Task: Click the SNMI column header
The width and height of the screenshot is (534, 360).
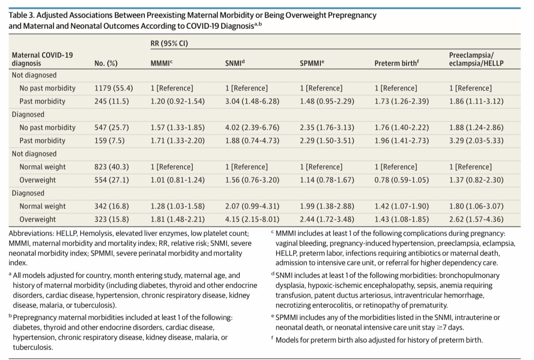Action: coord(235,63)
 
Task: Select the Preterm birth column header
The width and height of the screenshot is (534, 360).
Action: coord(396,63)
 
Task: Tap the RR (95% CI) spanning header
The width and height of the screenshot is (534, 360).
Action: coord(169,43)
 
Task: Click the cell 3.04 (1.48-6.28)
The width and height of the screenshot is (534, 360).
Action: coord(252,101)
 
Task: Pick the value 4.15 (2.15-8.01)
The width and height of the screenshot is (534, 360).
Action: coord(252,219)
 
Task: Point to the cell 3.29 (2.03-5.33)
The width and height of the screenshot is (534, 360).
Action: coord(476,141)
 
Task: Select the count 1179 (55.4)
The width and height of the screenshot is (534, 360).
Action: coord(114,88)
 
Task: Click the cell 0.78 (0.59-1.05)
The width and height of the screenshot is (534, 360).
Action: coord(401,180)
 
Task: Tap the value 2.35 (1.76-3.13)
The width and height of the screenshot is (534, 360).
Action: coord(327,128)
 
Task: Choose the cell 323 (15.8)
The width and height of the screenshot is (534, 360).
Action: coord(112,219)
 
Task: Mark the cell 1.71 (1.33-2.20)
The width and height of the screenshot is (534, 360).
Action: coord(177,141)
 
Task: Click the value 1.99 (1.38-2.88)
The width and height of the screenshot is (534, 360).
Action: coord(327,206)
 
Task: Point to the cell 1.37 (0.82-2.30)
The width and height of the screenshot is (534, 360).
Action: coord(476,180)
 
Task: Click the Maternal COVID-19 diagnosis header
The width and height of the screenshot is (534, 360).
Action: coord(42,59)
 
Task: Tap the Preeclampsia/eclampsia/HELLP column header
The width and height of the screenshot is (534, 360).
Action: coord(476,59)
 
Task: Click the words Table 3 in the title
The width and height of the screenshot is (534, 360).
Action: coord(21,15)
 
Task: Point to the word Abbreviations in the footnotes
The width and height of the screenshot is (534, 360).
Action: coord(31,233)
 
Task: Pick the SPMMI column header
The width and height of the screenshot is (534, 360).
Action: coord(312,63)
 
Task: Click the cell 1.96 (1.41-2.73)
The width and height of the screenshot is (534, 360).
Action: coord(401,141)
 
